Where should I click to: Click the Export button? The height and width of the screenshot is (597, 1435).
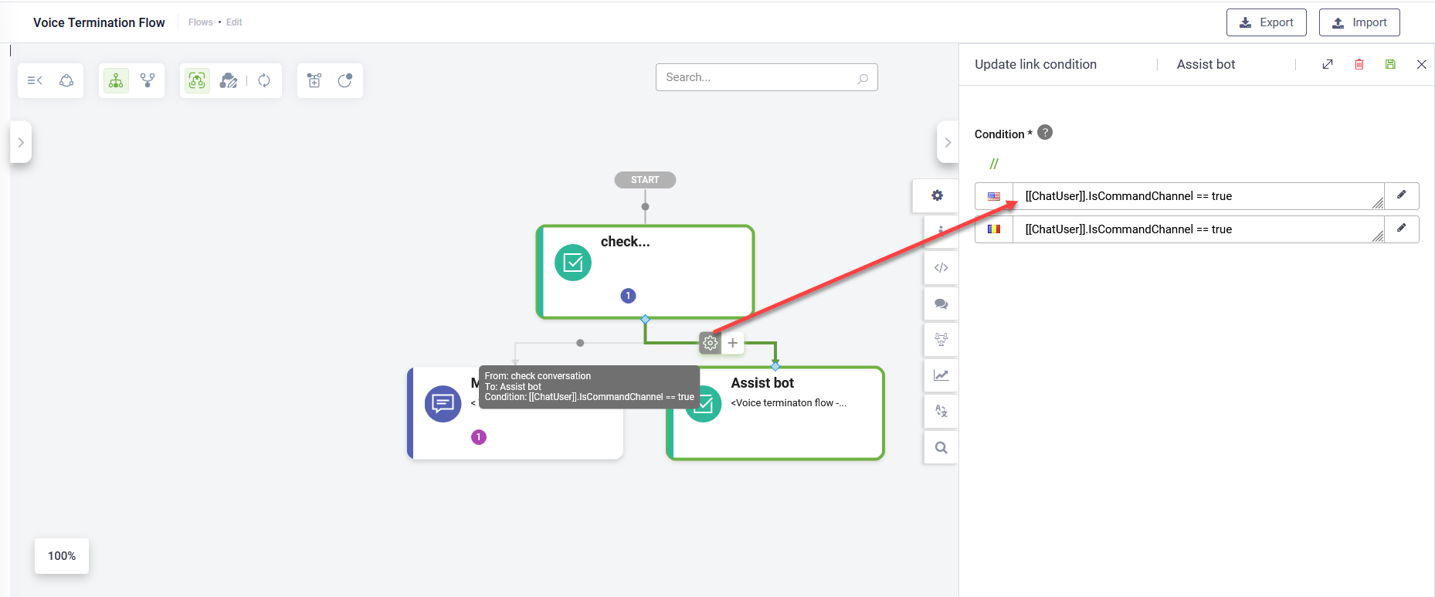tap(1266, 22)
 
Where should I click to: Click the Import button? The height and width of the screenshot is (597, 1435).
tap(1359, 22)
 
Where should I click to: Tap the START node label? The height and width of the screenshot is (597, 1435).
tap(645, 180)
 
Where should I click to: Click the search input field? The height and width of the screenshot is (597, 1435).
tap(766, 77)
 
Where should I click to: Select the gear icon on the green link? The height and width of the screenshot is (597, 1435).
tap(710, 343)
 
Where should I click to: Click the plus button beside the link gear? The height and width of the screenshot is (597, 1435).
tap(733, 343)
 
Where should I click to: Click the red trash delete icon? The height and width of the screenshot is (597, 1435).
tap(1359, 64)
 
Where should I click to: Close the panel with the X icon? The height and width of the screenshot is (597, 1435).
tap(1421, 64)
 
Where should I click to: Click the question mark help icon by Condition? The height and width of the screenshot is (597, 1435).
tap(1045, 132)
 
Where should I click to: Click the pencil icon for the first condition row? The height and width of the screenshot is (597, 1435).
tap(1402, 195)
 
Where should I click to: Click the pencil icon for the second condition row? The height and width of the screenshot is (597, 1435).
tap(1402, 229)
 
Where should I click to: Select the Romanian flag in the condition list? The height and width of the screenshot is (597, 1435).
tap(994, 229)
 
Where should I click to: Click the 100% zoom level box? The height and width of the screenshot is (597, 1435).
tap(62, 556)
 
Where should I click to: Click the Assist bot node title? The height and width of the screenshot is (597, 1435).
tap(762, 383)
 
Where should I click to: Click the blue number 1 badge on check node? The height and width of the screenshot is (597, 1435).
tap(629, 296)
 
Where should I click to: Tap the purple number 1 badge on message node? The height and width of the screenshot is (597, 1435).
tap(479, 437)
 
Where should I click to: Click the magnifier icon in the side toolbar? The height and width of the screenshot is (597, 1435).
tap(941, 447)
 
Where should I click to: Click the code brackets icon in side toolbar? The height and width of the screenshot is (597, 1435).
tap(941, 268)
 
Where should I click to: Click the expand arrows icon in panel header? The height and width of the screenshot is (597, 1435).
tap(1328, 64)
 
